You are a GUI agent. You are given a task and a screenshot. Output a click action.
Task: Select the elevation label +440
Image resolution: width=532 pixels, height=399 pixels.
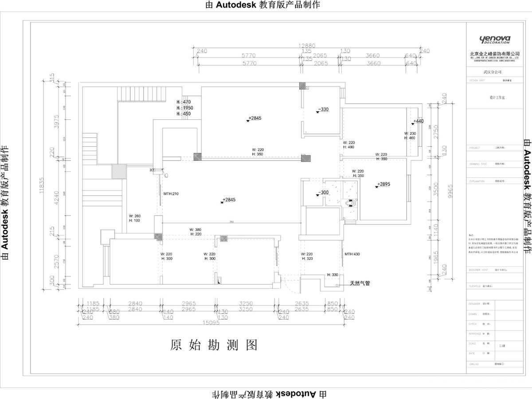tap(418, 121)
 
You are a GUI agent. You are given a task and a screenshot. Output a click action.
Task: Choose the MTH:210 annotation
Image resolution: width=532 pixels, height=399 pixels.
tap(171, 194)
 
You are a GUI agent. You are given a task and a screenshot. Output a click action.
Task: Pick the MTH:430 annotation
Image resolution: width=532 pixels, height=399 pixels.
tap(352, 254)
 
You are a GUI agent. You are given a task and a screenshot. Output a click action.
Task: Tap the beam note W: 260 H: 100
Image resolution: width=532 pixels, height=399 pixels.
tap(134, 218)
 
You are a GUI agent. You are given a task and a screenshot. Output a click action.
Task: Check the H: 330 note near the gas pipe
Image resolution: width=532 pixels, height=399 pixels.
tap(332, 275)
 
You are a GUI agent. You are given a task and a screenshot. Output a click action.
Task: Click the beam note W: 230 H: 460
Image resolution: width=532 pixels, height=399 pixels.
tap(410, 136)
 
